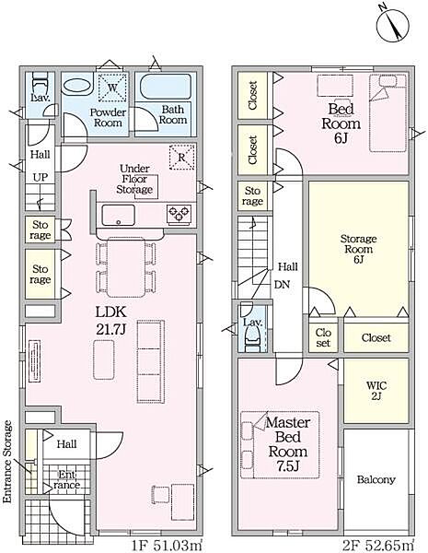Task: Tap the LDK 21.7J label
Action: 111,321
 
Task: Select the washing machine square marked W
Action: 111,88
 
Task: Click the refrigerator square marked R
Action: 181,157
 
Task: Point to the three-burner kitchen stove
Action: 179,214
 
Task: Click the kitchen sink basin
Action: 119,215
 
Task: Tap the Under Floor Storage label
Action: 134,179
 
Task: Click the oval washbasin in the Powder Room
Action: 77,86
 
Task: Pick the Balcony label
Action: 376,479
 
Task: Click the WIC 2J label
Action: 376,391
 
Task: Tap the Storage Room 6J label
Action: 358,249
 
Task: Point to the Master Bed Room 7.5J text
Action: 288,444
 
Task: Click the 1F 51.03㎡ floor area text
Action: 167,546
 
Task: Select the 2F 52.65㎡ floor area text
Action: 378,546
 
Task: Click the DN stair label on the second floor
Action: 282,284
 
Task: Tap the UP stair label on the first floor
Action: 40,177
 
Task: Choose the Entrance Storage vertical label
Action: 7,462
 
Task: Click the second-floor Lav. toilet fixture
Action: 252,339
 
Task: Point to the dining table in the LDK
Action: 126,267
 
